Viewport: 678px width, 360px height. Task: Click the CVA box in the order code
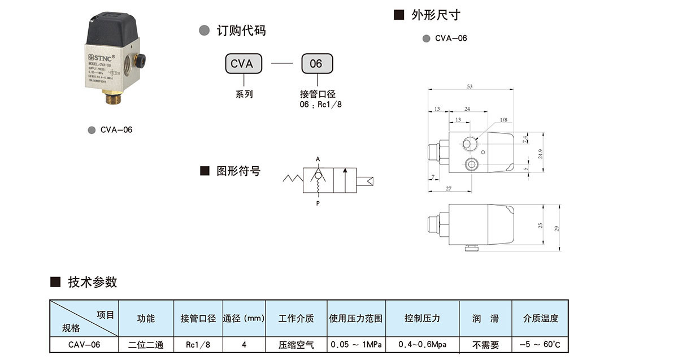(242, 64)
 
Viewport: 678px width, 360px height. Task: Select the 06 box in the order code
(316, 64)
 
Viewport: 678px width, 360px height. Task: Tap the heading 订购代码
(241, 31)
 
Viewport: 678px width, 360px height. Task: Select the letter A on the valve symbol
(318, 159)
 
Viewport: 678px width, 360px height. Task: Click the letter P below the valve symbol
(318, 203)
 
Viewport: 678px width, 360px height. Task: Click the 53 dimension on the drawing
(470, 86)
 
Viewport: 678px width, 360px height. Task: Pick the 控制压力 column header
(422, 318)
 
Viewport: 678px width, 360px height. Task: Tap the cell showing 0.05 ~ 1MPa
(356, 344)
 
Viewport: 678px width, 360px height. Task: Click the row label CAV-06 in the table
(84, 344)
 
